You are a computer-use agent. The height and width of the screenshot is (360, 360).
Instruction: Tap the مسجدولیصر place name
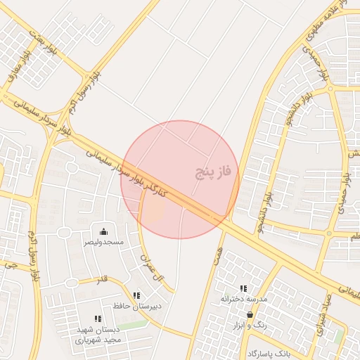tap(104, 242)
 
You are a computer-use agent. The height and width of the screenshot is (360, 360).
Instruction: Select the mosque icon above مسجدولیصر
tap(104, 231)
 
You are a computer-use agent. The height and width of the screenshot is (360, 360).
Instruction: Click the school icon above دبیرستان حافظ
tap(136, 295)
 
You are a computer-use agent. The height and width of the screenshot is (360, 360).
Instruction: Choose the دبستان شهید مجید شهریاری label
tap(98, 335)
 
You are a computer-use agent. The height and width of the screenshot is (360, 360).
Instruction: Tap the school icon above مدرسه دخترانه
tap(243, 288)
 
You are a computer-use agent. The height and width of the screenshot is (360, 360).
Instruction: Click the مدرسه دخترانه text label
tap(244, 299)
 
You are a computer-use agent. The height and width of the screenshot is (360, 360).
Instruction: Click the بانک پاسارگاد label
tap(269, 352)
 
